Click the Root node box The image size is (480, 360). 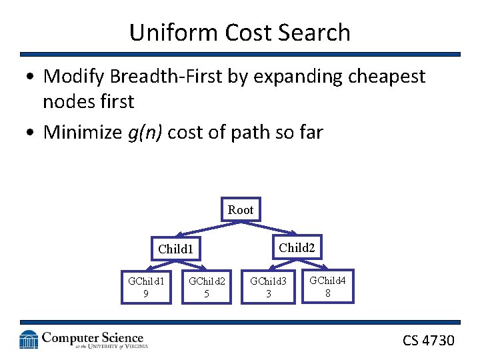point(240,210)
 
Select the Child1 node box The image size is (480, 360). point(175,249)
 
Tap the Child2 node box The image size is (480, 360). point(296,247)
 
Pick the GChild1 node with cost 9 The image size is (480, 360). point(146,287)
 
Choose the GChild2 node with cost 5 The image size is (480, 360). point(207,287)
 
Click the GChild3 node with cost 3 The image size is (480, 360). point(268,287)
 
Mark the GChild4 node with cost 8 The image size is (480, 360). point(327,285)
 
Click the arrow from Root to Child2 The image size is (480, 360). point(273,228)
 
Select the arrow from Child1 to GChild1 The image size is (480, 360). point(153,266)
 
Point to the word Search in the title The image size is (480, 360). point(317,32)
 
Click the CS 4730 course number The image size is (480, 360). point(428,340)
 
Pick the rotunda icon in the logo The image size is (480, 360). point(29,340)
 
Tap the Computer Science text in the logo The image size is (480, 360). point(92,338)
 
